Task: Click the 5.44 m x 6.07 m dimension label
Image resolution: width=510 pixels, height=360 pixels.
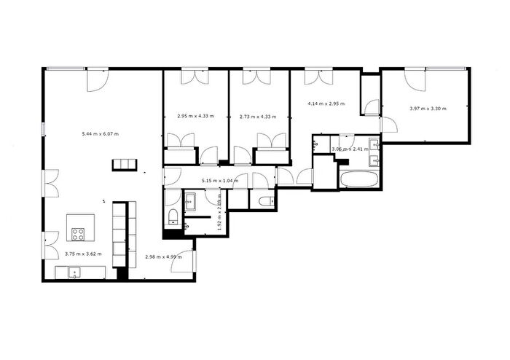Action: [101, 134]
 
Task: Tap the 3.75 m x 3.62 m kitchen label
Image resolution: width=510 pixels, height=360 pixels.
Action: [83, 254]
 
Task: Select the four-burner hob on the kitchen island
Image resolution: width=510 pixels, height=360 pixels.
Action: [79, 233]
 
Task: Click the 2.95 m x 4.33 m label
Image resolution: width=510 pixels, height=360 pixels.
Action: [194, 116]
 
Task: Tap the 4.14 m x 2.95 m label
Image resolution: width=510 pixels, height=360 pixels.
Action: [326, 104]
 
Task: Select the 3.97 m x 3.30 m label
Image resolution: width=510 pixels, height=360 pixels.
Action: [428, 109]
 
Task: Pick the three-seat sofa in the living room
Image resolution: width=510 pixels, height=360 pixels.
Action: [123, 164]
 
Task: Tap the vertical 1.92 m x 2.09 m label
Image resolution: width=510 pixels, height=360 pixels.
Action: [218, 214]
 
